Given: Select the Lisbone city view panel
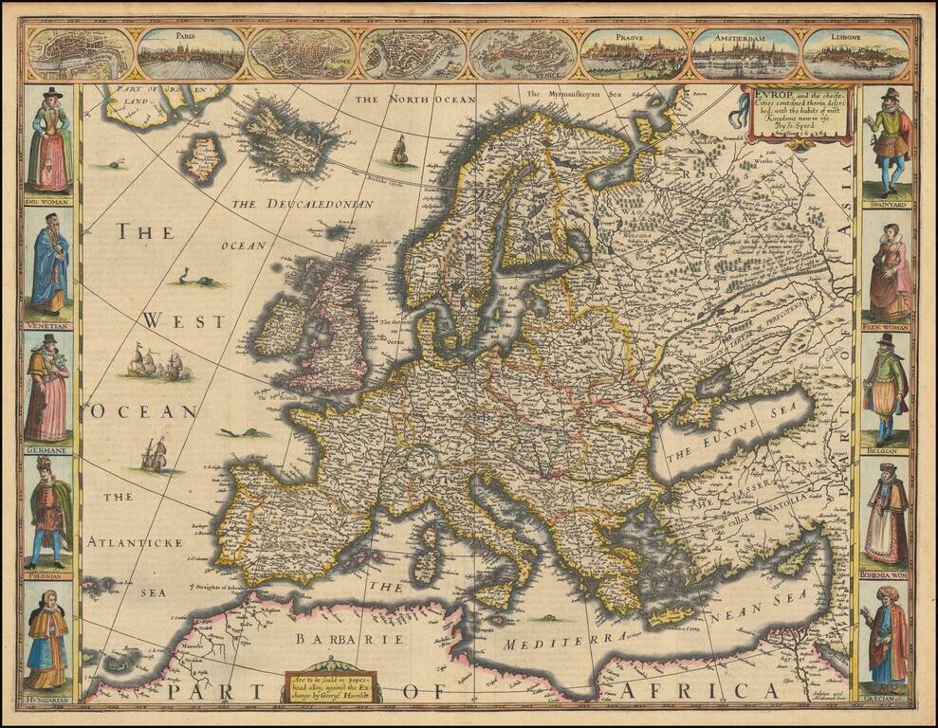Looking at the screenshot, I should pos(855,54).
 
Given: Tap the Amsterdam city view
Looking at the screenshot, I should pos(745,54).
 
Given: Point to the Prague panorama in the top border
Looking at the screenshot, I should pos(635,54).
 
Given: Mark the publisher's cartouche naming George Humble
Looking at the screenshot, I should pos(331,686).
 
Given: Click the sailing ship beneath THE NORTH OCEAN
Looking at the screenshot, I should pos(399,150).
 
